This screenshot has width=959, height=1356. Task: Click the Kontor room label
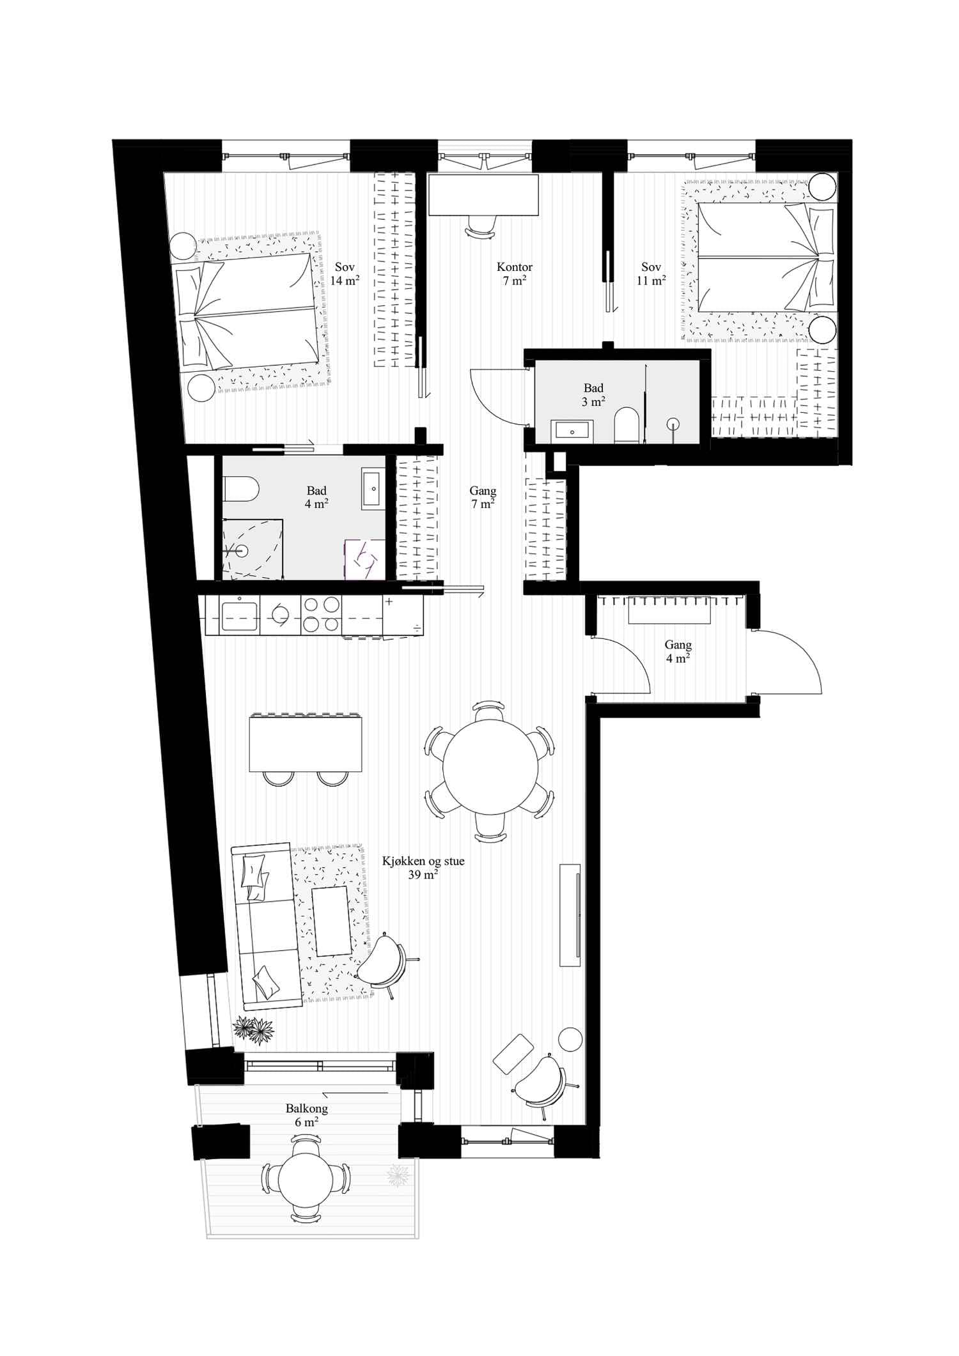click(x=514, y=267)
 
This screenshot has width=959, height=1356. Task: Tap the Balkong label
click(x=307, y=1109)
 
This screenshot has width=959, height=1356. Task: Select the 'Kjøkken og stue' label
click(x=423, y=861)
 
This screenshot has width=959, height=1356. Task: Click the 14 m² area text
click(x=345, y=281)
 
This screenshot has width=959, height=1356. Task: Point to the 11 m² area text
click(x=651, y=281)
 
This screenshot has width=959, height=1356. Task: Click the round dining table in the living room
click(x=490, y=767)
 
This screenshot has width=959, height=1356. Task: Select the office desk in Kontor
click(x=483, y=195)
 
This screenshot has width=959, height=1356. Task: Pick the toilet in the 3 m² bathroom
click(x=627, y=426)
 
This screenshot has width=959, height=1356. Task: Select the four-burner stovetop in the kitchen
click(x=321, y=615)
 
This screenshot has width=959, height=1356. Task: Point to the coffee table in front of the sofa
click(x=332, y=921)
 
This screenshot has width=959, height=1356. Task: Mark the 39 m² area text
click(x=423, y=875)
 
